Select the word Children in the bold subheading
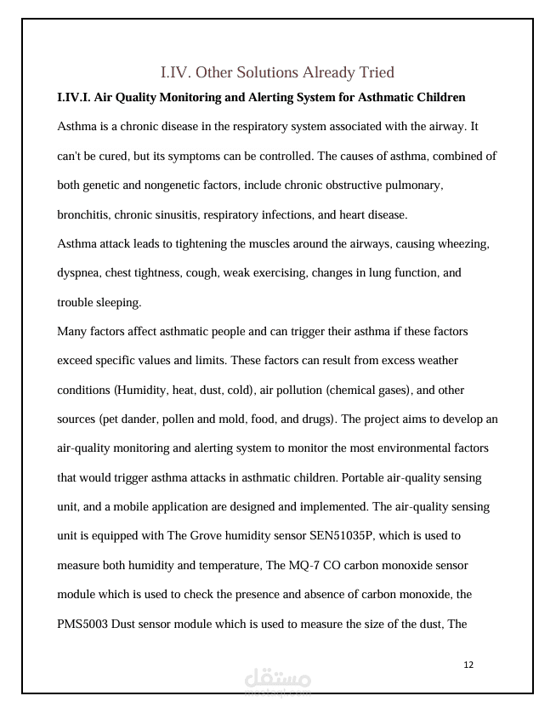coord(438,98)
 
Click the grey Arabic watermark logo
coord(277,682)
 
